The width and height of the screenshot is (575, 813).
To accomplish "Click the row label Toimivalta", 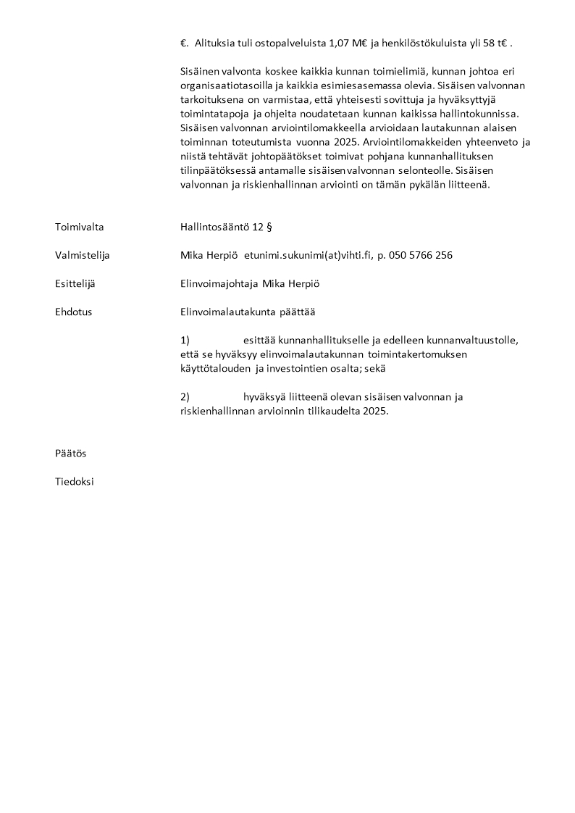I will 79,227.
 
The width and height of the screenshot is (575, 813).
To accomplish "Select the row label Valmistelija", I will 82,255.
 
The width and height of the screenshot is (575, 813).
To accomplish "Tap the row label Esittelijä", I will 75,283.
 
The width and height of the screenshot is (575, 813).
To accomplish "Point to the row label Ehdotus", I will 73,312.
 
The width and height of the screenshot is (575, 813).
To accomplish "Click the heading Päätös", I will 70,453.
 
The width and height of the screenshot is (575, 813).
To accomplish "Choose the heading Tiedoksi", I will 74,481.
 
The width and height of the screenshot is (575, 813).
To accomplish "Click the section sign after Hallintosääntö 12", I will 269,227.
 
